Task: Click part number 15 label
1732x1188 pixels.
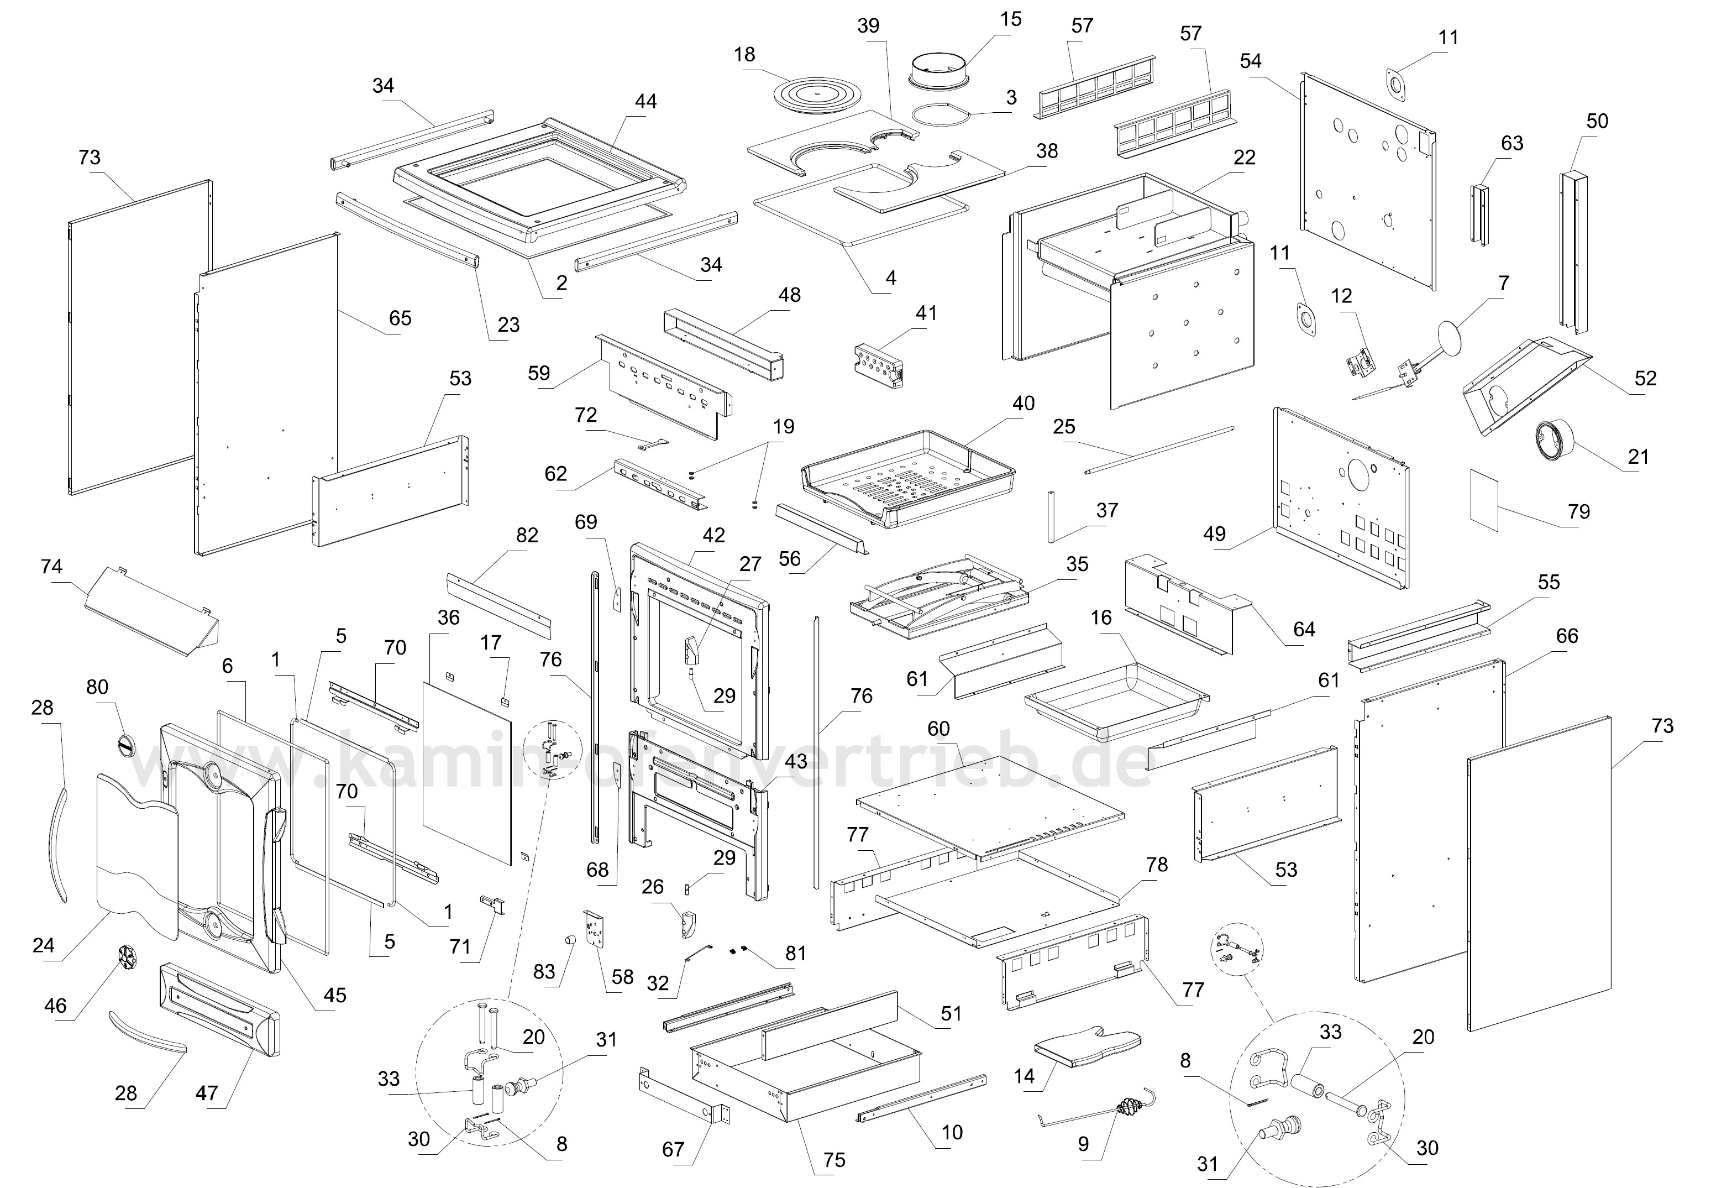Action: [1011, 19]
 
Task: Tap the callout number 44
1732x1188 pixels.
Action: [645, 101]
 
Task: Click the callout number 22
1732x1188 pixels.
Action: [1245, 157]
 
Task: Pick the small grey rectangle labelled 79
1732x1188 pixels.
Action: [1484, 499]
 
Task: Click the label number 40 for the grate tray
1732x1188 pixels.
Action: [1024, 403]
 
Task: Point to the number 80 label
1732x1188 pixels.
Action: [98, 687]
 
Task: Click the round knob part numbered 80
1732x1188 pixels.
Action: [126, 742]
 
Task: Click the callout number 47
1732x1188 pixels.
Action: [207, 1093]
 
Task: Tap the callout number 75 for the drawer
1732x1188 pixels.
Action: [834, 1160]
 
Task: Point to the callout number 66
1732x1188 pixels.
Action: [1567, 636]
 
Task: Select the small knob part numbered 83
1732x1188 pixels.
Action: [571, 940]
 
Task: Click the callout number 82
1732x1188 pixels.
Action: [527, 535]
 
